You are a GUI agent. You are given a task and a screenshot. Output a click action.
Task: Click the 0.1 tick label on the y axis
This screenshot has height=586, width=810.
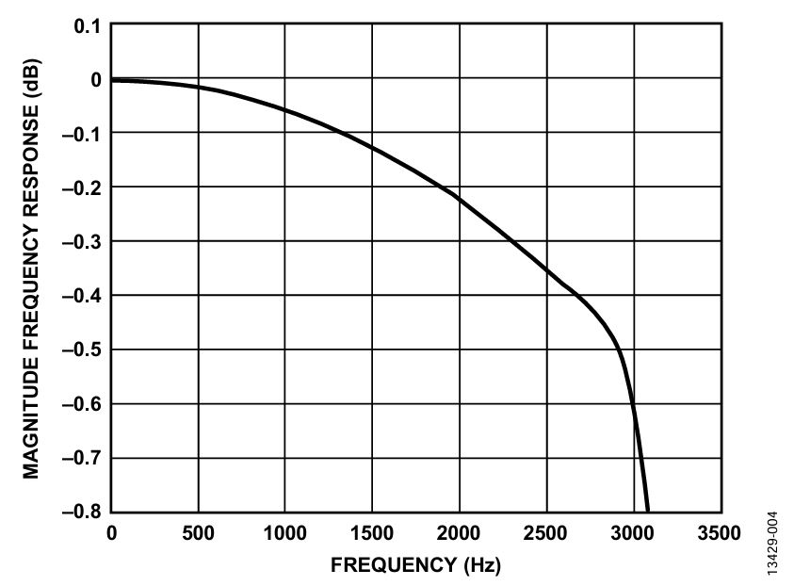point(88,26)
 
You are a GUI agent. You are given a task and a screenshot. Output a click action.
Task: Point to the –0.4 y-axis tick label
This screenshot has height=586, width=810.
point(82,296)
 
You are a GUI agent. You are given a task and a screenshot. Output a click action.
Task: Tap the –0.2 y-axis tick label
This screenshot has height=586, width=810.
point(82,188)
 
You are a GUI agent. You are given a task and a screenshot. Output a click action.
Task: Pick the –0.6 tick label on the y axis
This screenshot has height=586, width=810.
point(82,403)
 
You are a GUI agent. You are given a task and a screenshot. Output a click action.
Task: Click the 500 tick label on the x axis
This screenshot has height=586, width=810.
point(198,533)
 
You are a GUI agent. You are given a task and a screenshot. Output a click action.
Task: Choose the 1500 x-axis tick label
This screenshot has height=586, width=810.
point(372,533)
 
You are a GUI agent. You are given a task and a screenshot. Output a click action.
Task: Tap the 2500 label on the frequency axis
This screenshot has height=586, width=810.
point(546,533)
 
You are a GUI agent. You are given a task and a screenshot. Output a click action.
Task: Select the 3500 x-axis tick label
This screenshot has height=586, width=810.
point(721,533)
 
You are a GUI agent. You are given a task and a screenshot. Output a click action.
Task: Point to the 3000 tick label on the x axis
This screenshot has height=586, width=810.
point(633,533)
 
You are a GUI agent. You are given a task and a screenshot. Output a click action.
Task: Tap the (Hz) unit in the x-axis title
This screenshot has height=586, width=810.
point(482,565)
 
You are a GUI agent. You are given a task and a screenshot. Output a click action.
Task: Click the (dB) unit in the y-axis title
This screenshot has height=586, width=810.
point(31,78)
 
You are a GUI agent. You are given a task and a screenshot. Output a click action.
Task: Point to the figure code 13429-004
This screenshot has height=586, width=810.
point(772,543)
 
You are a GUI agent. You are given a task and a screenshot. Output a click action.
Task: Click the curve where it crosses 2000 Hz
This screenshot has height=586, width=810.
point(460,197)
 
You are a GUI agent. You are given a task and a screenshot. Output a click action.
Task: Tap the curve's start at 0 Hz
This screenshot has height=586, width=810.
point(112,80)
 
